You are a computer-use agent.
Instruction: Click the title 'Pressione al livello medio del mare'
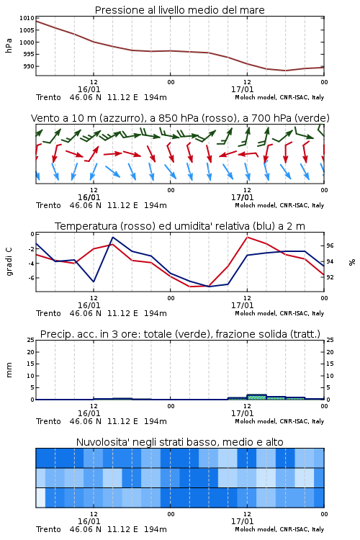tap(179, 10)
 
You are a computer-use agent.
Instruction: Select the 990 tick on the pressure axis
tap(29, 66)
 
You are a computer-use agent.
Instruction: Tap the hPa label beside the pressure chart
tap(9, 45)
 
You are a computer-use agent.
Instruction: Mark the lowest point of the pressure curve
tap(285, 71)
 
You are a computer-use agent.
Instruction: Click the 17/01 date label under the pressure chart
tap(242, 89)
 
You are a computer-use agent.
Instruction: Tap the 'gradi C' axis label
tap(9, 261)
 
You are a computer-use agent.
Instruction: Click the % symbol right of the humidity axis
tap(352, 262)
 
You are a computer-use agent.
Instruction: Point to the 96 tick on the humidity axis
tap(330, 246)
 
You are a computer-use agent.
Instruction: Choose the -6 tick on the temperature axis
tap(30, 278)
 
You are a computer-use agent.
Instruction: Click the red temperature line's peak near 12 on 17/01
tap(247, 237)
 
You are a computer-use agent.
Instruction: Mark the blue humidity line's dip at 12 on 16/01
tap(94, 282)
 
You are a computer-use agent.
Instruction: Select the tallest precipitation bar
tap(256, 397)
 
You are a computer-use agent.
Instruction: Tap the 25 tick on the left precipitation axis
tap(31, 340)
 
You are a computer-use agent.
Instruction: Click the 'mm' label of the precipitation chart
tap(9, 370)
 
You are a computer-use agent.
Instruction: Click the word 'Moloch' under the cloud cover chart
tap(245, 529)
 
